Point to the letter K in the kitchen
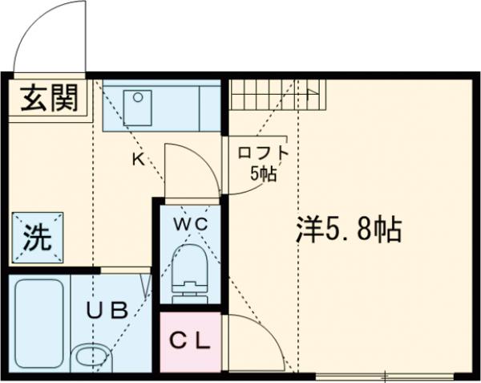click(137, 158)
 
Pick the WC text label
click(191, 222)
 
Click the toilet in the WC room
click(190, 265)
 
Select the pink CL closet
click(190, 341)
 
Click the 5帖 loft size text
click(262, 173)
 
